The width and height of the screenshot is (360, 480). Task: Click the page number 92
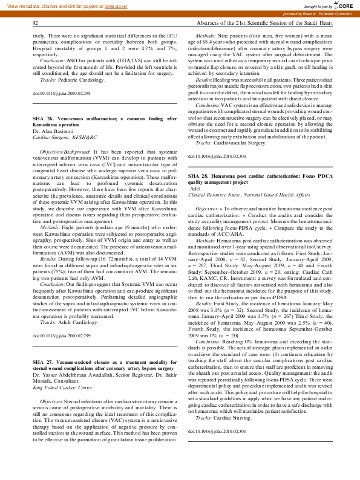[x=36, y=23]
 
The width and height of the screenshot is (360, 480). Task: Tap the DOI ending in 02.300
[x=217, y=156]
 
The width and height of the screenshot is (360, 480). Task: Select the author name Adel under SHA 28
[x=195, y=189]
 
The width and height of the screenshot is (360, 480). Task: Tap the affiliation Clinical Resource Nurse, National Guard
[x=249, y=195]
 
